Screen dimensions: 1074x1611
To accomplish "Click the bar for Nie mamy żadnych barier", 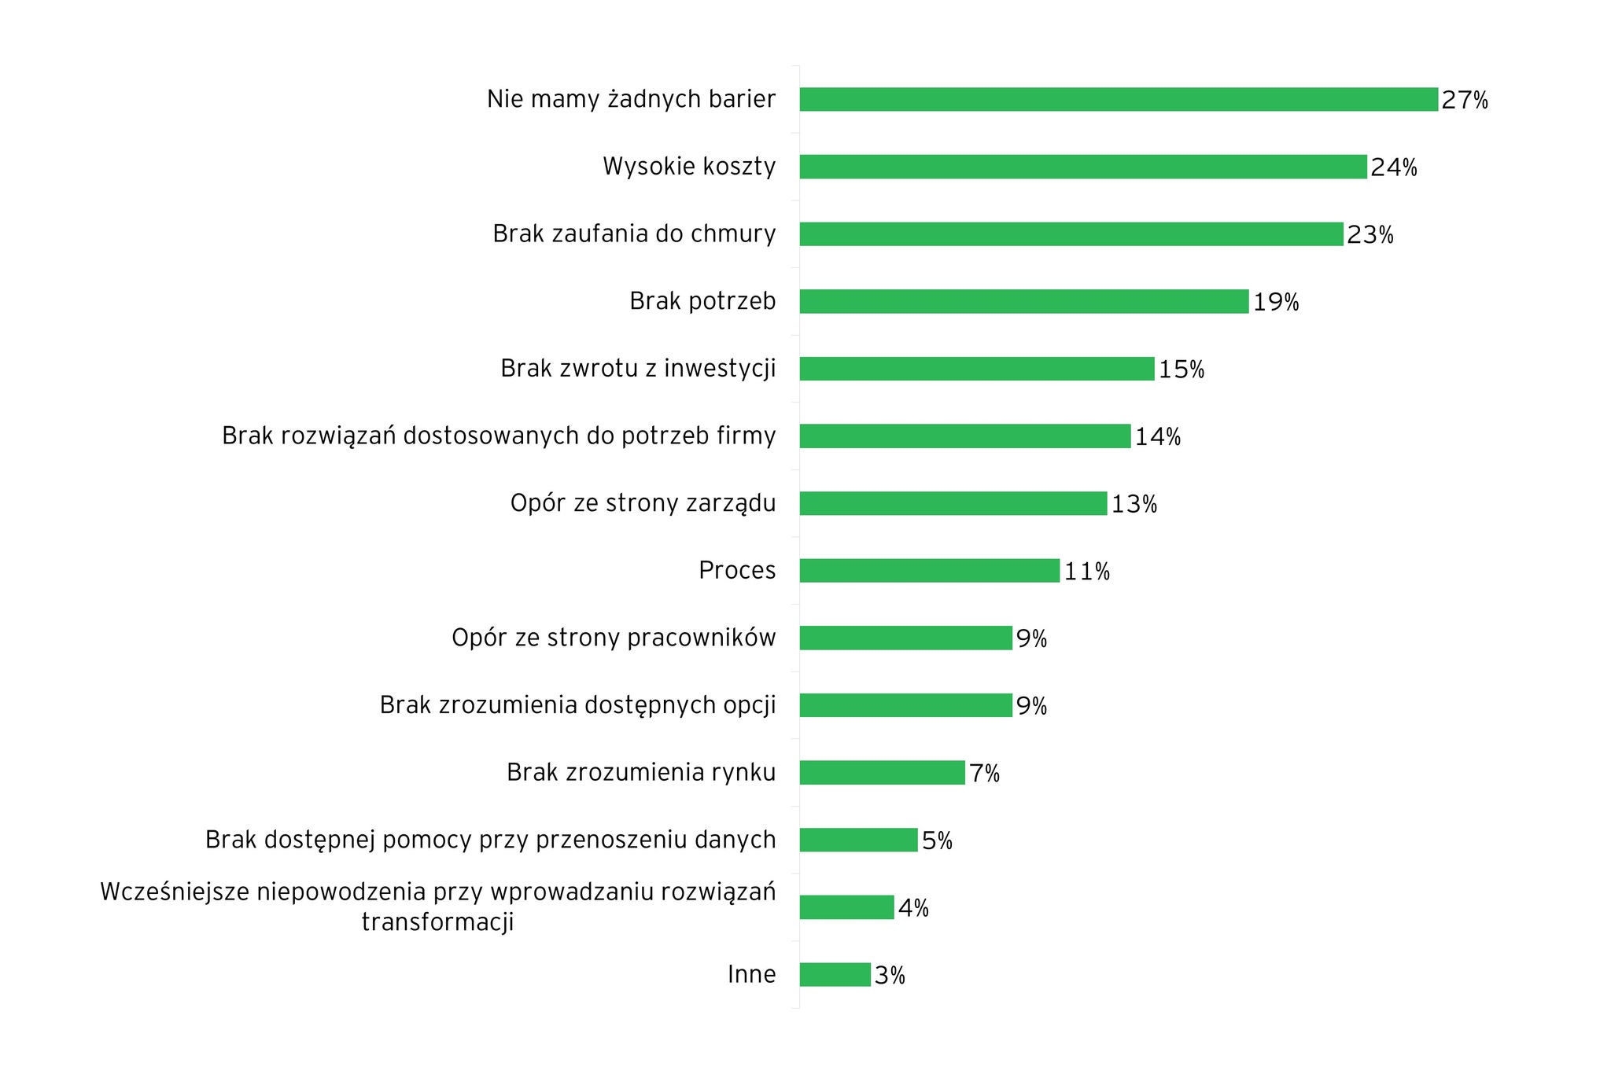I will [1119, 100].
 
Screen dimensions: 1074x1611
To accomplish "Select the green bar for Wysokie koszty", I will [1083, 167].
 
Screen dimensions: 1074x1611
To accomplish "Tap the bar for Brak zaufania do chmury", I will [1071, 234].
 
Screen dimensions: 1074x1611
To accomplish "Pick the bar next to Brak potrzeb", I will [1024, 301].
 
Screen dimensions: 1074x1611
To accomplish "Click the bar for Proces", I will [930, 571].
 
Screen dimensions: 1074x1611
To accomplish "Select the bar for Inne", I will [835, 975].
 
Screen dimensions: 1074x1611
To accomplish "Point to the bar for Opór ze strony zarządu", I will [953, 503].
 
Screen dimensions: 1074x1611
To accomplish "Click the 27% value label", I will [1465, 101].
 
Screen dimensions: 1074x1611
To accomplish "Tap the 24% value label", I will [1394, 167].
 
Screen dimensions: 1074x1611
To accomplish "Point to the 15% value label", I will [1182, 370].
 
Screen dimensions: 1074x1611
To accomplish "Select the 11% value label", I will [1087, 572].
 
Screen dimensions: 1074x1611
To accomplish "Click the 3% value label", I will [890, 976].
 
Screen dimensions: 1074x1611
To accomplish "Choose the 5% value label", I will [937, 841].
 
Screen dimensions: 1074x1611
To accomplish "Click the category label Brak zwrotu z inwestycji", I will [638, 368].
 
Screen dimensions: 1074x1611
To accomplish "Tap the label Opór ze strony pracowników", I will [614, 638].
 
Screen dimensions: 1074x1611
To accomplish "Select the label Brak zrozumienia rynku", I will [641, 772].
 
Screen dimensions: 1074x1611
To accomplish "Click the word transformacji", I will [437, 921].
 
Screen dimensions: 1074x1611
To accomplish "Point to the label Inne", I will [751, 974].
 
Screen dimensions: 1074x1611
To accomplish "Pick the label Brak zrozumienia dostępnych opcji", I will [577, 705].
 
